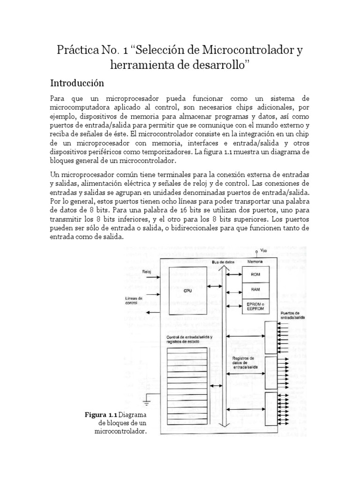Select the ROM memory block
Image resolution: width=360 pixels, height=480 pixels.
[x=255, y=275]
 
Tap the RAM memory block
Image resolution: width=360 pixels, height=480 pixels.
[x=255, y=290]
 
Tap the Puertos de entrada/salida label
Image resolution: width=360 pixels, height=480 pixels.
[x=293, y=315]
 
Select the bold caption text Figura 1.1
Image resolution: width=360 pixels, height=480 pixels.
[x=100, y=414]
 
